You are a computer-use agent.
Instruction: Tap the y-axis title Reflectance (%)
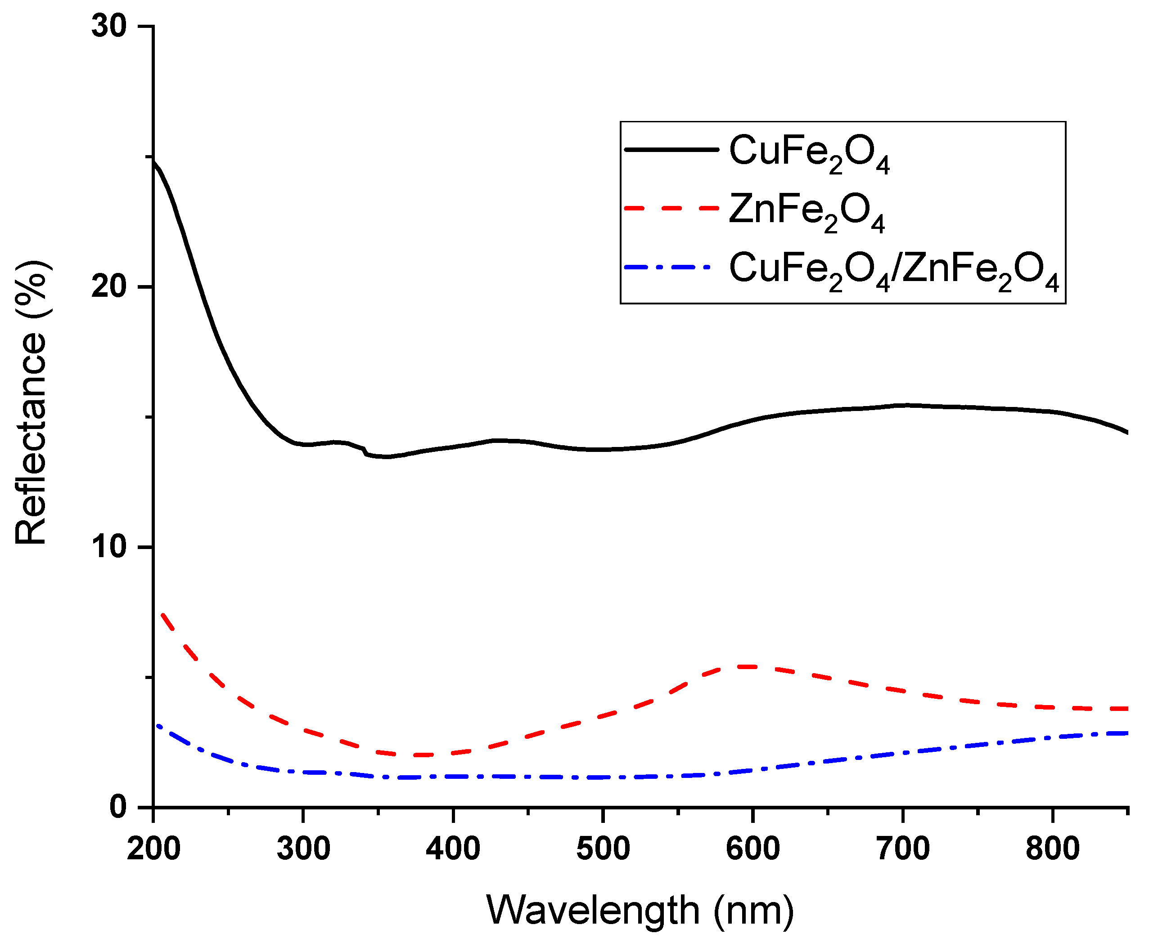tap(32, 402)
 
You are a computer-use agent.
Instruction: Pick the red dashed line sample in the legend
tap(671, 208)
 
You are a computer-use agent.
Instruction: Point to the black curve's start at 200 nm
tap(154, 161)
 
